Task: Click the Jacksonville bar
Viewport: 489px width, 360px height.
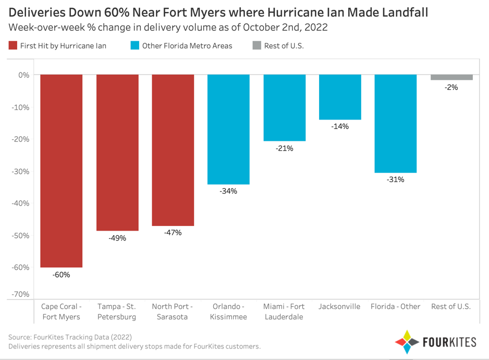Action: (340, 97)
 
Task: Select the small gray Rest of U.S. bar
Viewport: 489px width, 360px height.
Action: (451, 77)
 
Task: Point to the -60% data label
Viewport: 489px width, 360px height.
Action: (61, 275)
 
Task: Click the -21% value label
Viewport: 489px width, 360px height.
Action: (284, 149)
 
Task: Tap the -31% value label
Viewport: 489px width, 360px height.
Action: (395, 180)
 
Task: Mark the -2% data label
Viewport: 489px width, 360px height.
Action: (451, 88)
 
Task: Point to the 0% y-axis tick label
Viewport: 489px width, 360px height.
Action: (23, 75)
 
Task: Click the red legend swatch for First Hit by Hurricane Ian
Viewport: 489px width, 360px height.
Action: (13, 46)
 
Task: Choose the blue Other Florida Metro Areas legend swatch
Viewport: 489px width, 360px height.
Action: (135, 46)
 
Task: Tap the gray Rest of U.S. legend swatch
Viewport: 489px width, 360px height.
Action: (256, 46)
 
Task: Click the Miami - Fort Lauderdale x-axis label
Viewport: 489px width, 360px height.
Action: (284, 311)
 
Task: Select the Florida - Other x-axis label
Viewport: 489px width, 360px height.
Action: (395, 307)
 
